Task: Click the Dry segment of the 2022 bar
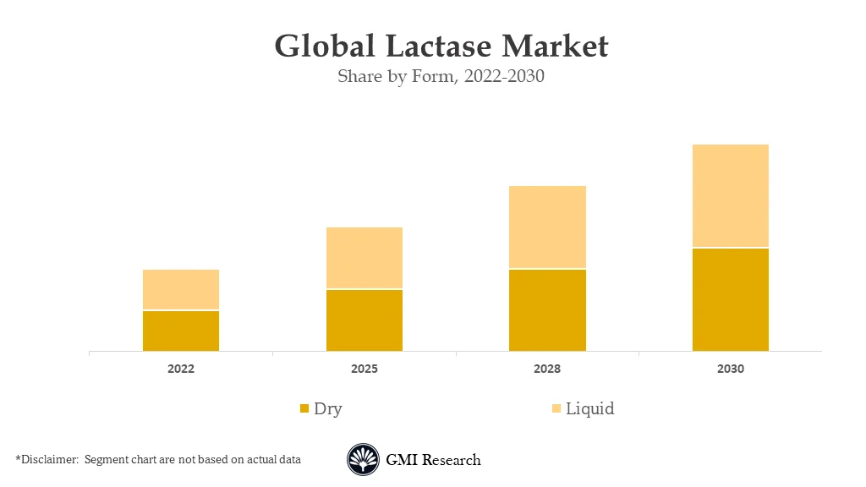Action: coord(181,331)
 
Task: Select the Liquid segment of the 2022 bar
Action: coord(181,289)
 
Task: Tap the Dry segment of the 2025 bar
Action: coord(364,320)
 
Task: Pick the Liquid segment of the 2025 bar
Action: coord(364,258)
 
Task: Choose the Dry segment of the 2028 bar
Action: coord(547,309)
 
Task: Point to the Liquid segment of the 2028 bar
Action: coord(547,227)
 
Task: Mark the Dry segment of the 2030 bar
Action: coord(731,299)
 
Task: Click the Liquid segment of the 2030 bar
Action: coord(731,195)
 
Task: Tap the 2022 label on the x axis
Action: coord(181,369)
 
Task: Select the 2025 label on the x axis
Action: coord(364,369)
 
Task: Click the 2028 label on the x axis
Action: coord(547,369)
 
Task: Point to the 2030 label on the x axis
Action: coord(731,369)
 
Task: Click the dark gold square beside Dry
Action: coord(304,409)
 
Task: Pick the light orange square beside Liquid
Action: coord(556,409)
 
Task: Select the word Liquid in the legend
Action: coord(589,409)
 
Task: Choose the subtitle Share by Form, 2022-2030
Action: coord(441,77)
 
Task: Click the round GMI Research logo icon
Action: coord(363,460)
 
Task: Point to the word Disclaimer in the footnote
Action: coord(47,460)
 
